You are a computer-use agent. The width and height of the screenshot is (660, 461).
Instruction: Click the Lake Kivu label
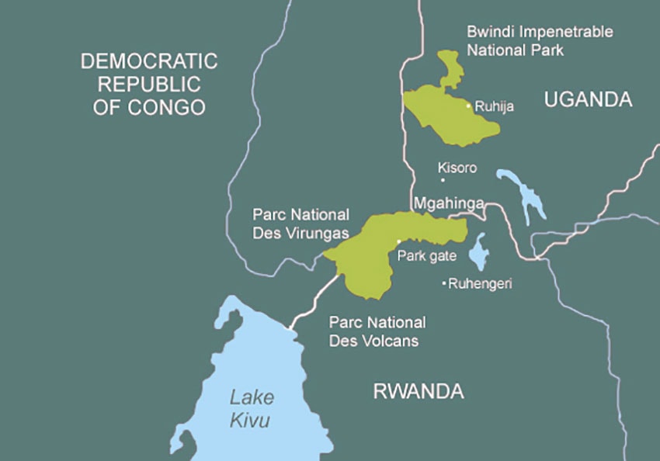(251, 409)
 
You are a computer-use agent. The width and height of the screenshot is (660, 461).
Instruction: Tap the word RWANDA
(419, 391)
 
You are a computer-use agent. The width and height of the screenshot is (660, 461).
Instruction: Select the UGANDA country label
(588, 99)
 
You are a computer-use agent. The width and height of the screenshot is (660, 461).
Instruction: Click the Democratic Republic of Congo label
(149, 84)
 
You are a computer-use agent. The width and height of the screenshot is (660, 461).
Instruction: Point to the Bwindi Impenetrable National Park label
(540, 40)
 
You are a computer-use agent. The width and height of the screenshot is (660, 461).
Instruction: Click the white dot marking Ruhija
(468, 106)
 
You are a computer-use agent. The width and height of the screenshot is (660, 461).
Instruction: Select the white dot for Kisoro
(443, 180)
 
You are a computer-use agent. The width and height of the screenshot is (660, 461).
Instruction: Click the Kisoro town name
(457, 168)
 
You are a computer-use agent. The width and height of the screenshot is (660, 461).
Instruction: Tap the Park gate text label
(426, 256)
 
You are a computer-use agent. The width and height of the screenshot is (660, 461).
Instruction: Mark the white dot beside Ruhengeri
(443, 284)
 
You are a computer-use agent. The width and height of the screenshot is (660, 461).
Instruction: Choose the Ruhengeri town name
(480, 284)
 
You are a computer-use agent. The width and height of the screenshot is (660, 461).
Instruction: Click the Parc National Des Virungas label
(301, 223)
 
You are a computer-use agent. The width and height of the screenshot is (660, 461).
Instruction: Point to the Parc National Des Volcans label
(377, 331)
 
